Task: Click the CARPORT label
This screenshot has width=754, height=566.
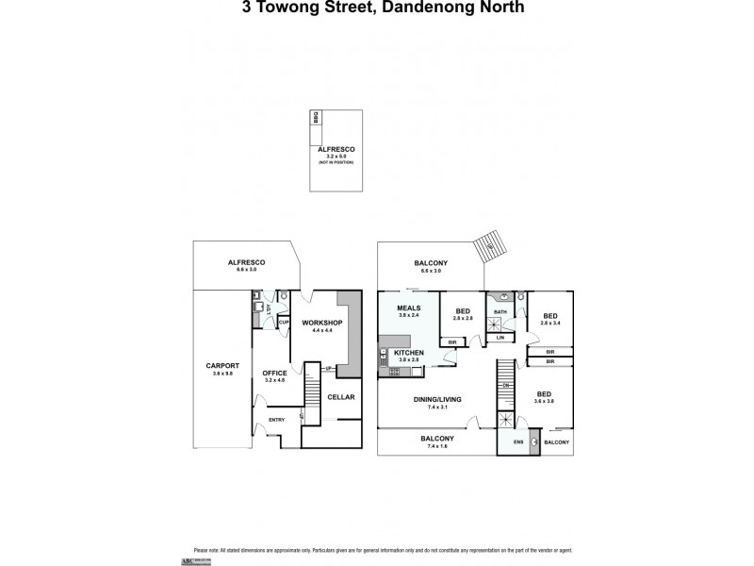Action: [222, 365]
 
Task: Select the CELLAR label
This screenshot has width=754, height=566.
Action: [340, 397]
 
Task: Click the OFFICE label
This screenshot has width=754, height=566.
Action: [274, 373]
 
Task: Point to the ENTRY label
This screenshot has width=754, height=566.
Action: [276, 420]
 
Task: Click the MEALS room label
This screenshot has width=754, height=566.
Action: [407, 308]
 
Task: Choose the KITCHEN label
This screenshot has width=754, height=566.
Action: [408, 352]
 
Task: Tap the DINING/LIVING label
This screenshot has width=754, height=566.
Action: [437, 399]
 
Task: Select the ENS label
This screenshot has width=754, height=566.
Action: [517, 441]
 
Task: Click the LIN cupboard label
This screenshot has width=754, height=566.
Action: [500, 337]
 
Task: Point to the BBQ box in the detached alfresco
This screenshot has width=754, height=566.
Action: [317, 117]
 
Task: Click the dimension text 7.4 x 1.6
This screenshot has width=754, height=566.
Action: [437, 446]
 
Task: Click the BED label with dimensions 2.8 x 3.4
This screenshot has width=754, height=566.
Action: [549, 316]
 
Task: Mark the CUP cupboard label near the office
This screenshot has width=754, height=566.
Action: [282, 322]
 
